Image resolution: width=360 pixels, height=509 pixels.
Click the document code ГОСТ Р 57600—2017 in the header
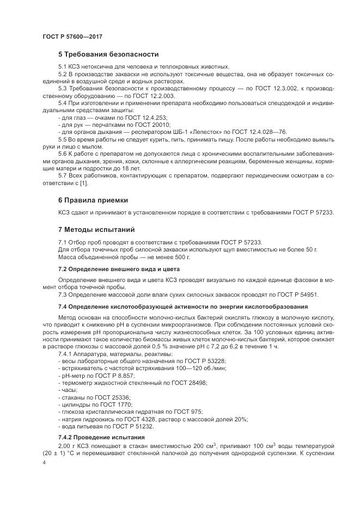[72, 36]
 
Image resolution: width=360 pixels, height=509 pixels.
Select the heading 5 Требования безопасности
[108, 54]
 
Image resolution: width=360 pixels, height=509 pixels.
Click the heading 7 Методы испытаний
[96, 229]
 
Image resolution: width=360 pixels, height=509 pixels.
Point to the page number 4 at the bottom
[44, 462]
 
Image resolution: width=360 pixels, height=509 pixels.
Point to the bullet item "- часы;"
[69, 390]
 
